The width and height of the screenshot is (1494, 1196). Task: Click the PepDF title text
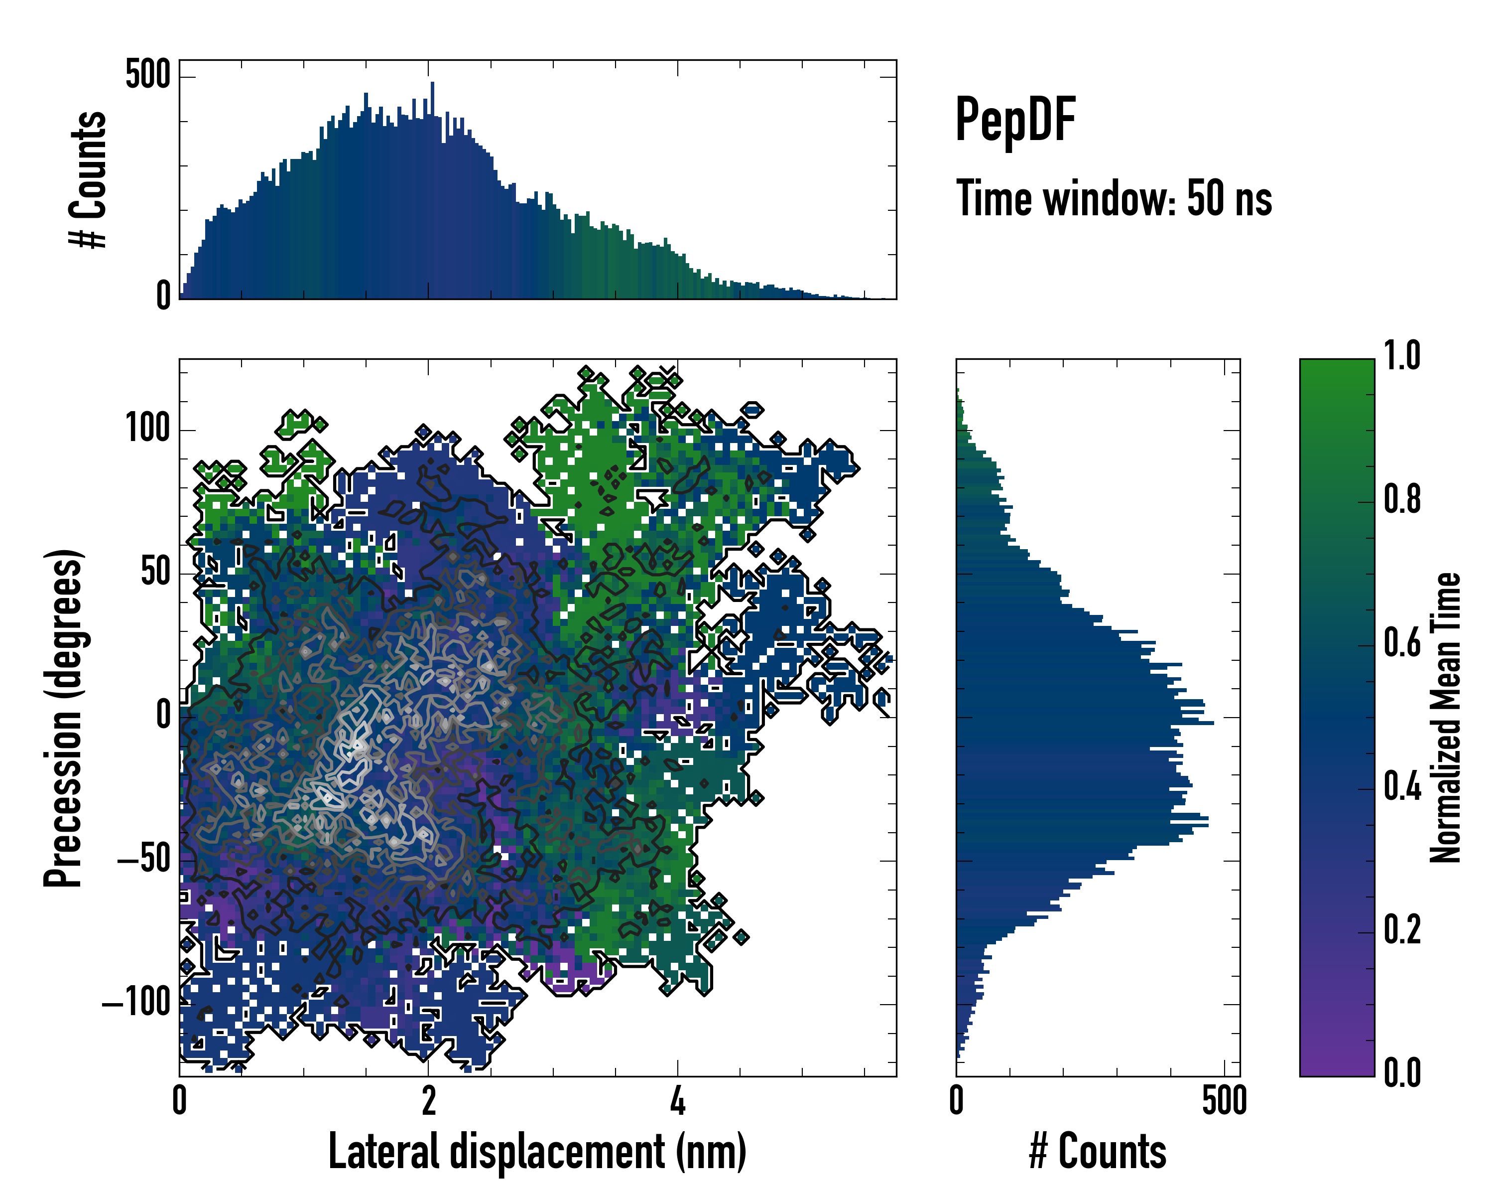[1014, 121]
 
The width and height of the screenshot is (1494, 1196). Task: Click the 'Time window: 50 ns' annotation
[1114, 199]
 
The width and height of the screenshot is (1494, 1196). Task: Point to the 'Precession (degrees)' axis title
[64, 718]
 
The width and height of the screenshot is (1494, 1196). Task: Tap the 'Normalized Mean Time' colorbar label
[1446, 718]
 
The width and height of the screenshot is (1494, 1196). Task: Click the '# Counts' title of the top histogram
[88, 179]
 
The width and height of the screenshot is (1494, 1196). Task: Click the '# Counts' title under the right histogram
[1098, 1151]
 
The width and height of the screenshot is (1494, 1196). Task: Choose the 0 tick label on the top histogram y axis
[163, 296]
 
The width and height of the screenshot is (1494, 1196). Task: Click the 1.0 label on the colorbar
[1402, 356]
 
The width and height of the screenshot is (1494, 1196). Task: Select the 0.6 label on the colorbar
[1402, 643]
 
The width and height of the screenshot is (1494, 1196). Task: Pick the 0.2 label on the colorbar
[1402, 930]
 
